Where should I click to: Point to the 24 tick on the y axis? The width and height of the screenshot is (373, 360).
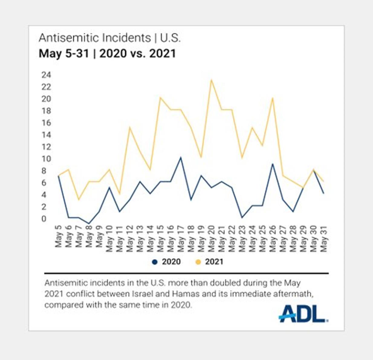[45, 75]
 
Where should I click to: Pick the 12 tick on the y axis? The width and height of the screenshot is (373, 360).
[45, 147]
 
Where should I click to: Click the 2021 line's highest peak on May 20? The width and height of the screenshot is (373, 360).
[211, 80]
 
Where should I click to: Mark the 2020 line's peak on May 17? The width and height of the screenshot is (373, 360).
[180, 157]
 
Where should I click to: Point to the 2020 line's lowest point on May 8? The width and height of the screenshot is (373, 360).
[88, 223]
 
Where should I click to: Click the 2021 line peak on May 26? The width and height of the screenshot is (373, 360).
[272, 98]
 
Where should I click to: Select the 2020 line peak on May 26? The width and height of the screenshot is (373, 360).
[272, 164]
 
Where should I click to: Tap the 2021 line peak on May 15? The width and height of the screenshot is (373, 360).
[160, 97]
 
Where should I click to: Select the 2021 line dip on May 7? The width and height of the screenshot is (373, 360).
[78, 199]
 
